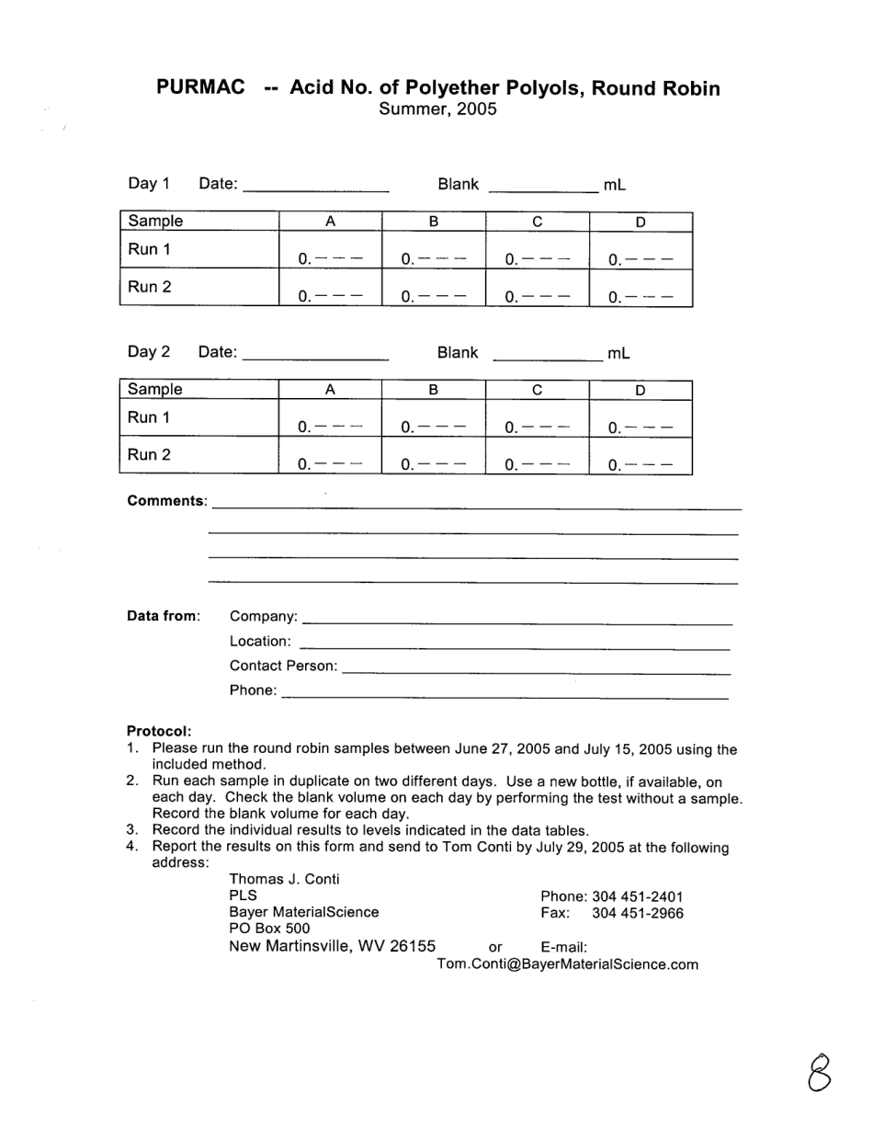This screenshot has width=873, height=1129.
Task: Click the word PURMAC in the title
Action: (x=200, y=87)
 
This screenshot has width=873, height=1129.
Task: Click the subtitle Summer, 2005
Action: (x=437, y=109)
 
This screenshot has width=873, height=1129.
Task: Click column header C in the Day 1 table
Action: (x=537, y=222)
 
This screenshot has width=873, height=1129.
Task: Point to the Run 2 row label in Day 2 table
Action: (x=149, y=454)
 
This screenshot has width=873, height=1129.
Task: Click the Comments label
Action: (x=166, y=501)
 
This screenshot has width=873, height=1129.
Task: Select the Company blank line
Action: (x=516, y=622)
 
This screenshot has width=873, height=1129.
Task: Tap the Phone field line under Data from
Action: (x=505, y=696)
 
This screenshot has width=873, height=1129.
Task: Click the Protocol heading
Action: (x=159, y=731)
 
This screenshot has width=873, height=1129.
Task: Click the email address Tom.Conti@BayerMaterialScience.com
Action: (x=567, y=964)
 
